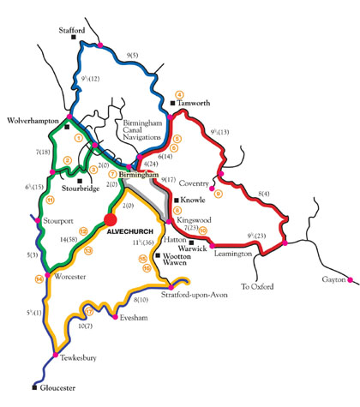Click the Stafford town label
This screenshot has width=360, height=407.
pyautogui.click(x=72, y=30)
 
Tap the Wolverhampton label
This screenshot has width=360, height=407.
pyautogui.click(x=33, y=120)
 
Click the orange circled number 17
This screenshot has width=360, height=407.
pyautogui.click(x=88, y=311)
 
